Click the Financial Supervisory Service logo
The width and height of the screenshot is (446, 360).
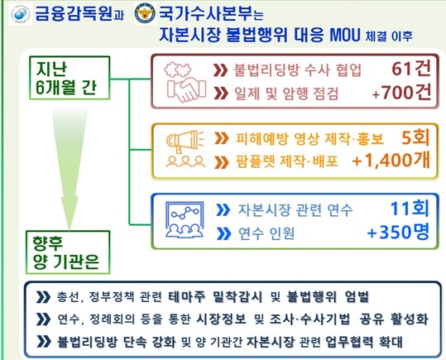tap(20, 14)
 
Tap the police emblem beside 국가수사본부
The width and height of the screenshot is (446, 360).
tap(145, 13)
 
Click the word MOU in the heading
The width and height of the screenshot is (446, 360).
tap(345, 35)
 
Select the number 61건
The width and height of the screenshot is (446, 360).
tap(411, 69)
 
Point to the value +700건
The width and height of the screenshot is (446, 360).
tap(401, 93)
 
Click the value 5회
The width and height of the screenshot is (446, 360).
tap(415, 137)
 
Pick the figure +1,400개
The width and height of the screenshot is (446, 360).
tap(391, 161)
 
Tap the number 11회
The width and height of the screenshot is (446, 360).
tap(410, 209)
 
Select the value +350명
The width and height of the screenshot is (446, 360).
tap(398, 232)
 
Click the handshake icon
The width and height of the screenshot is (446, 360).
tap(187, 89)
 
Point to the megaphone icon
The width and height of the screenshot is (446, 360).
tap(185, 141)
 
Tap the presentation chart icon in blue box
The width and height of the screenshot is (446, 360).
tap(185, 219)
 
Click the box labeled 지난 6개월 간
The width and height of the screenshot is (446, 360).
tap(70, 78)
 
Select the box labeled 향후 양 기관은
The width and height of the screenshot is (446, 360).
tap(68, 252)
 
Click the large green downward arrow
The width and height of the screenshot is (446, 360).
tap(70, 168)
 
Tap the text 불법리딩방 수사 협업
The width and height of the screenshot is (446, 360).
tap(297, 70)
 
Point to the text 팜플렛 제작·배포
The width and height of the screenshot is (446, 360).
tap(287, 161)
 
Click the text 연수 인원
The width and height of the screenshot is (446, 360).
tap(266, 233)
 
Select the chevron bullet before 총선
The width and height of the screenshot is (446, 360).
tap(43, 297)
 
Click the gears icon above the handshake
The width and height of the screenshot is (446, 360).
tap(179, 70)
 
